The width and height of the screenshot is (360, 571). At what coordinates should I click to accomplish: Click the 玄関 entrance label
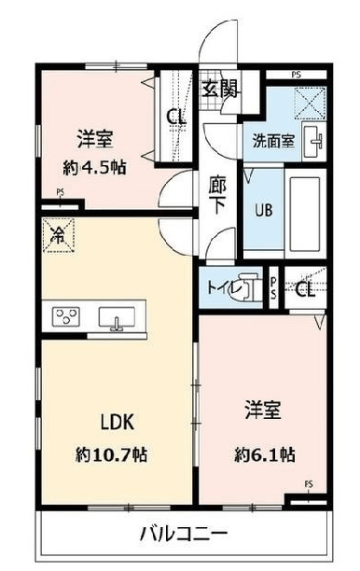(x=220, y=89)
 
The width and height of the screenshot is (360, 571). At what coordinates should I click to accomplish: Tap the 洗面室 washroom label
(x=273, y=141)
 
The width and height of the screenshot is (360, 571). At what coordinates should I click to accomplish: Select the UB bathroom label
(x=263, y=211)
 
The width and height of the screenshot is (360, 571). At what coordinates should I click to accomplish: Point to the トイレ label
(x=225, y=288)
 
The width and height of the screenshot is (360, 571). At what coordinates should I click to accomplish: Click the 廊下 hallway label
(x=217, y=195)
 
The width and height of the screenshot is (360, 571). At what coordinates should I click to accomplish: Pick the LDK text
(x=118, y=423)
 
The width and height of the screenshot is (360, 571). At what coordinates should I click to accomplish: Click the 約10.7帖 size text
(x=111, y=454)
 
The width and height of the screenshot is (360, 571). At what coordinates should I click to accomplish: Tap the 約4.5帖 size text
(x=94, y=168)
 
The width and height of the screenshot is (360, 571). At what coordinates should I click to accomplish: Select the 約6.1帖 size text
(x=264, y=454)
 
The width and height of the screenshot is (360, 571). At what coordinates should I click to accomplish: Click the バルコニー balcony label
(x=184, y=535)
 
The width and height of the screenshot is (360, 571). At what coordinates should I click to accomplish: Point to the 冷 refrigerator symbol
(x=59, y=235)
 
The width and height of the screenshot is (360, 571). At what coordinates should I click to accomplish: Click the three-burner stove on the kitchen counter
(x=66, y=316)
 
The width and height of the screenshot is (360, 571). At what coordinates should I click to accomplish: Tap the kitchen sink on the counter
(x=117, y=317)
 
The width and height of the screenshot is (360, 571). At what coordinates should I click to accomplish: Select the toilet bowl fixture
(x=249, y=287)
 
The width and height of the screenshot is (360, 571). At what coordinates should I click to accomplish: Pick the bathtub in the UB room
(x=305, y=214)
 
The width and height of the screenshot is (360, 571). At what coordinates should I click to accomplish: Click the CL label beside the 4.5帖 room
(x=176, y=117)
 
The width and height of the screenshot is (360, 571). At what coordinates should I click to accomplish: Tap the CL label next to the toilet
(x=305, y=289)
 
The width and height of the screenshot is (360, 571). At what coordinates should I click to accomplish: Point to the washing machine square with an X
(x=310, y=103)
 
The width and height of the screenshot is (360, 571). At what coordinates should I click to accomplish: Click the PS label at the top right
(x=297, y=75)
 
